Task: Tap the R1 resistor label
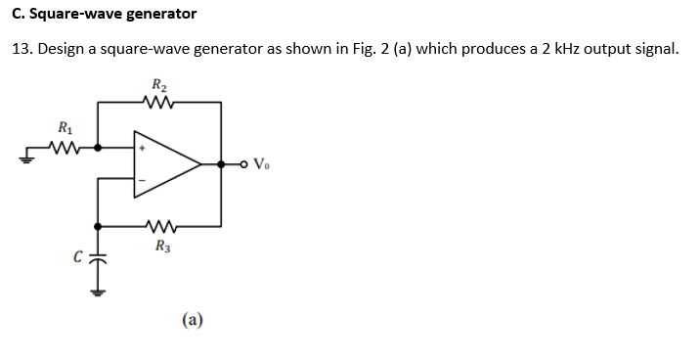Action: coord(65,127)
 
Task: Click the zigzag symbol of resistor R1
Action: coord(66,148)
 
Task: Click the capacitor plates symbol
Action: coord(97,258)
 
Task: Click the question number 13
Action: coord(22,50)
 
